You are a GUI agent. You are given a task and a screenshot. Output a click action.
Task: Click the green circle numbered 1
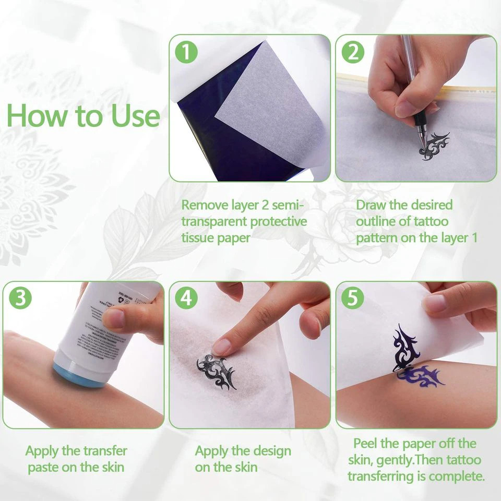coord(187,53)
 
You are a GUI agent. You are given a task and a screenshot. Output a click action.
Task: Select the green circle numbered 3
coord(21,299)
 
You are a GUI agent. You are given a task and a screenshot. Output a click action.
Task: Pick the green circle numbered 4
coord(186,299)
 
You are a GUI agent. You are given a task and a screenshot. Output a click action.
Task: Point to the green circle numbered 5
coord(353,299)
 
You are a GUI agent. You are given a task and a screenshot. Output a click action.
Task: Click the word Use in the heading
coord(134,116)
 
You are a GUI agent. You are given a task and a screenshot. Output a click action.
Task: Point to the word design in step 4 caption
coord(269,451)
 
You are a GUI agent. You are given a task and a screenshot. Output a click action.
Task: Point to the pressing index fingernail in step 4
coord(222,346)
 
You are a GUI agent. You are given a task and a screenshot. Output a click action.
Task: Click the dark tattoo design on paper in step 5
coord(406,347)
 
